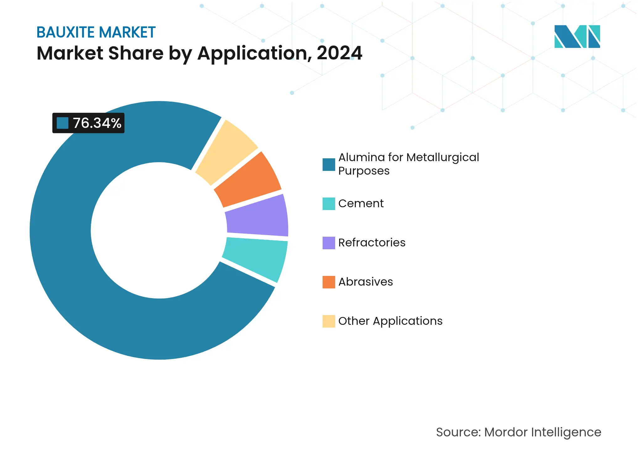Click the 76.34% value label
tap(97, 123)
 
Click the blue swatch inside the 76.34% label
tap(63, 123)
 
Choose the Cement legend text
tap(361, 203)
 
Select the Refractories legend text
tap(372, 243)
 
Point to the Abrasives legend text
tap(366, 282)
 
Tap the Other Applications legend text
tap(390, 321)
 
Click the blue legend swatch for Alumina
tap(329, 165)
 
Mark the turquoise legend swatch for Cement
tap(329, 204)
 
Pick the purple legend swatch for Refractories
tap(329, 243)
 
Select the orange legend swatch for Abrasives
tap(329, 282)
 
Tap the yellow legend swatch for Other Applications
tap(329, 321)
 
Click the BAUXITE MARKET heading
tap(96, 32)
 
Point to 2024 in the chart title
tap(340, 53)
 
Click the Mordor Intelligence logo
tap(577, 36)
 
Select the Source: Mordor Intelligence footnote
tap(519, 432)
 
